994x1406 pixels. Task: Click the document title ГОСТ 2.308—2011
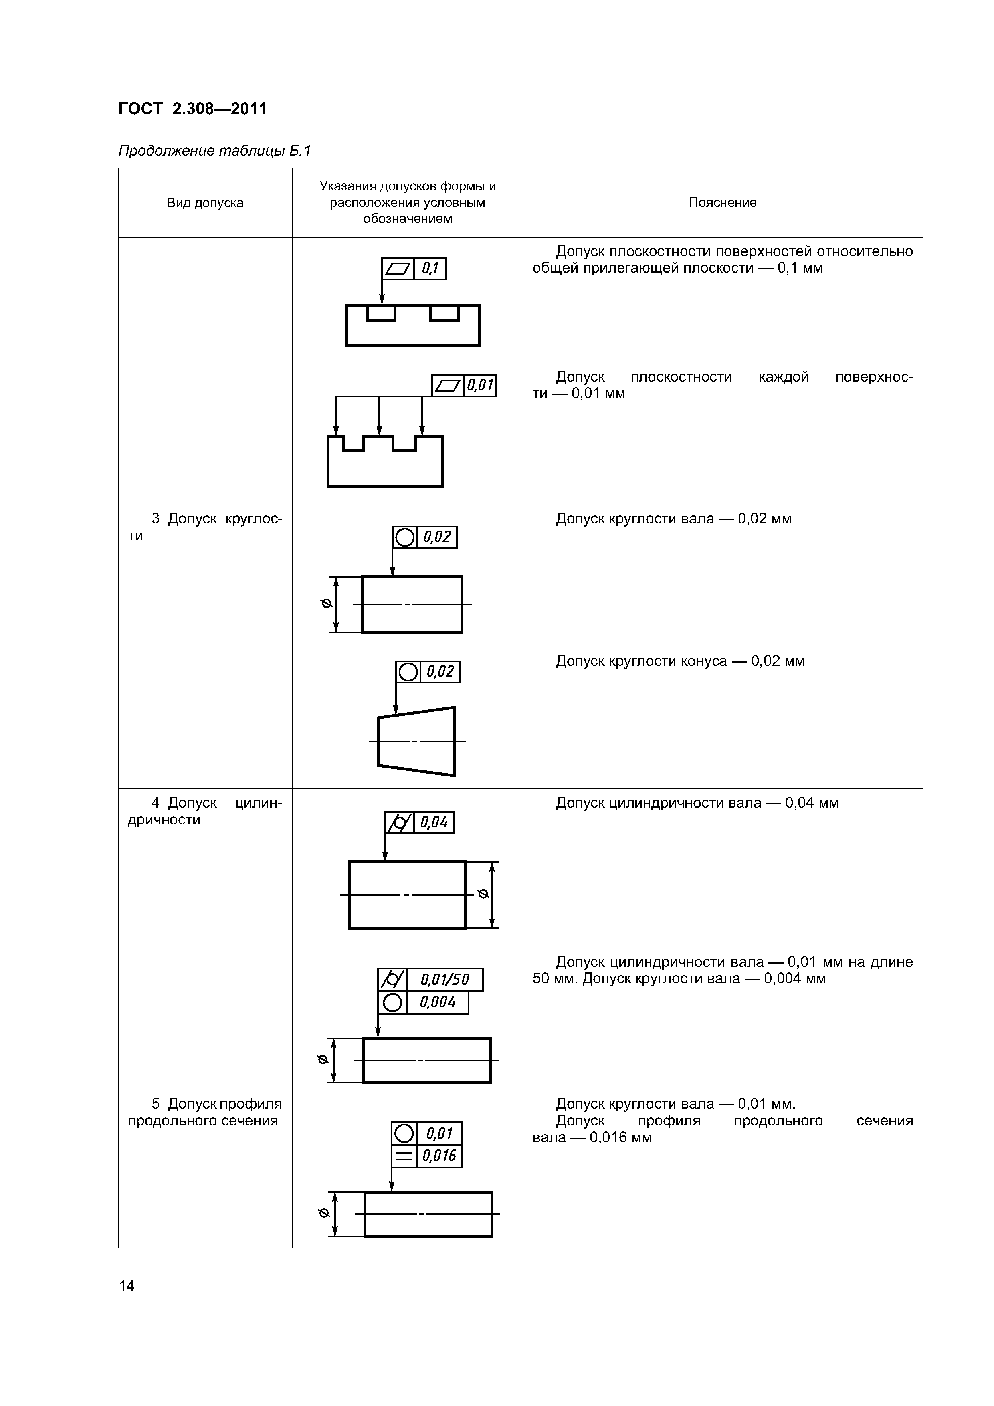192,109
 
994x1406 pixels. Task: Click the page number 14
127,1285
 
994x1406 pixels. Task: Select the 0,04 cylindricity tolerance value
434,822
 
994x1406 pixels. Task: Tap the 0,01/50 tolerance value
444,980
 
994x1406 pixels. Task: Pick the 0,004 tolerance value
437,1002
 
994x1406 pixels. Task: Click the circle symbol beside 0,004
392,1002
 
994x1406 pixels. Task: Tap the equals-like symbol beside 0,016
404,1156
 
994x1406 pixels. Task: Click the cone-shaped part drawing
416,741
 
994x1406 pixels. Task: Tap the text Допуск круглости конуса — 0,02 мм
680,661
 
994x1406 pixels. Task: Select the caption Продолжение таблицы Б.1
215,151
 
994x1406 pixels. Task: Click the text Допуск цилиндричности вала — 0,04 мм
697,803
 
